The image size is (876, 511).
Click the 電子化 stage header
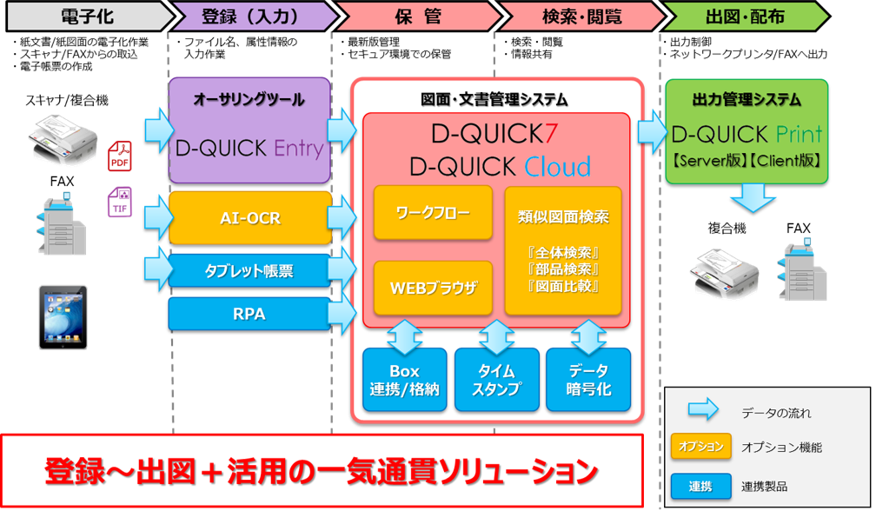click(x=85, y=16)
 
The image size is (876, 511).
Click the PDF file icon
click(x=119, y=157)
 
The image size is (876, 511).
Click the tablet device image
click(x=63, y=316)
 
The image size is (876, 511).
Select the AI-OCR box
click(x=250, y=218)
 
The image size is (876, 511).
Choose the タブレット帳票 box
click(x=250, y=271)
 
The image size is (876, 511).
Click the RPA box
click(x=250, y=314)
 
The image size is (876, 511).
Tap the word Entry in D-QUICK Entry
click(x=298, y=148)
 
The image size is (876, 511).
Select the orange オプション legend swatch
click(x=700, y=447)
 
